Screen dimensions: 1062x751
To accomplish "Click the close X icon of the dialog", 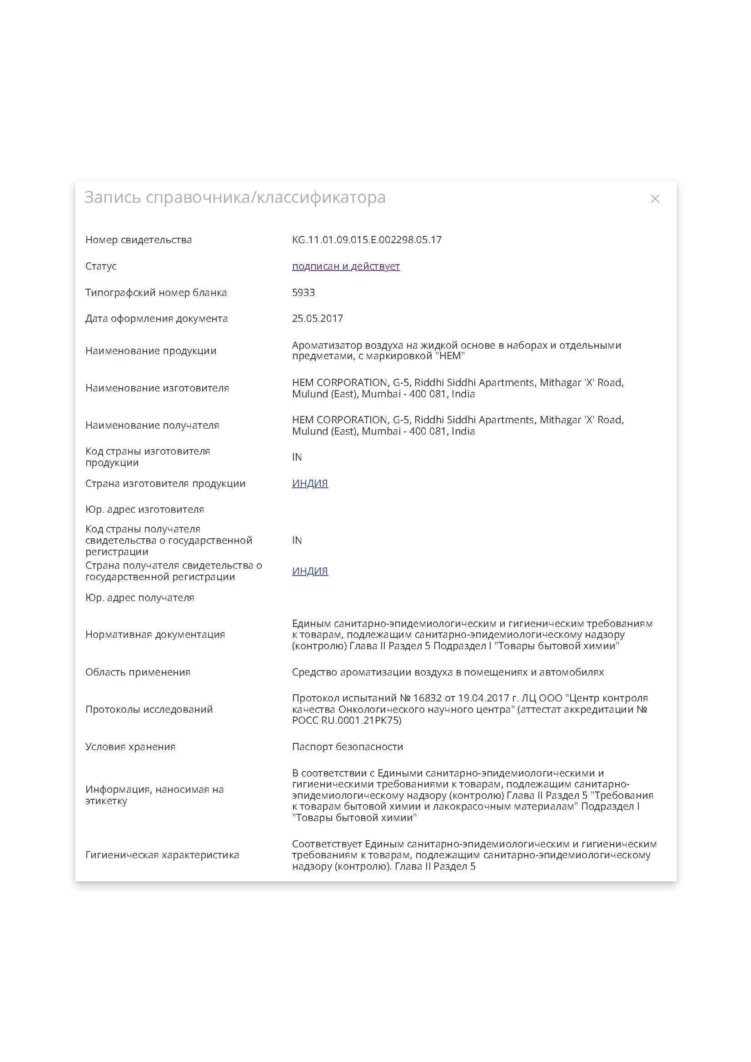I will click(654, 199).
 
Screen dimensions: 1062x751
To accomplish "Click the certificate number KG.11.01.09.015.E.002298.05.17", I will click(366, 240).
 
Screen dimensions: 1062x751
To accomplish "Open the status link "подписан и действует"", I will click(345, 266).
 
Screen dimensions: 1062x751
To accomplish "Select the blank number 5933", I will click(303, 292).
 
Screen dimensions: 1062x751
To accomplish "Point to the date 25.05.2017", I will click(317, 318).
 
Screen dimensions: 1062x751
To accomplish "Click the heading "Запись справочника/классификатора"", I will click(234, 197).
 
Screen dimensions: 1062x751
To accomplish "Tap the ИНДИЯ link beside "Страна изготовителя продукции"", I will click(310, 483).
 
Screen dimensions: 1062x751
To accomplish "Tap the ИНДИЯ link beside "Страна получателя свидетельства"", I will click(310, 571).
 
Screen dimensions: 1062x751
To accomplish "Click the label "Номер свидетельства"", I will click(138, 240).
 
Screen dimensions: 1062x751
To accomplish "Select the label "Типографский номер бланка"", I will click(156, 292).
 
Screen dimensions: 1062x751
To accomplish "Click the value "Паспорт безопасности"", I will click(347, 746).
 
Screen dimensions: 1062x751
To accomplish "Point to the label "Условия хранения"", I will click(130, 746).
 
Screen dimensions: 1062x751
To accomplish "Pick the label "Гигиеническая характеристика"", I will click(162, 855).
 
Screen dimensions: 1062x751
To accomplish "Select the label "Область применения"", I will click(138, 672).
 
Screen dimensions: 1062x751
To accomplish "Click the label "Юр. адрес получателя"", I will click(139, 597).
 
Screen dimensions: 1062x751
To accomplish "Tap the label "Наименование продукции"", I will click(151, 351).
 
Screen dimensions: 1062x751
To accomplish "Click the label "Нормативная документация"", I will click(155, 634).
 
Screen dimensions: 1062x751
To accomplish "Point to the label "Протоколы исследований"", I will click(149, 709).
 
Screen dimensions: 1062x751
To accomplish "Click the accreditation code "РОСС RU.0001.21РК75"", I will click(346, 721).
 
